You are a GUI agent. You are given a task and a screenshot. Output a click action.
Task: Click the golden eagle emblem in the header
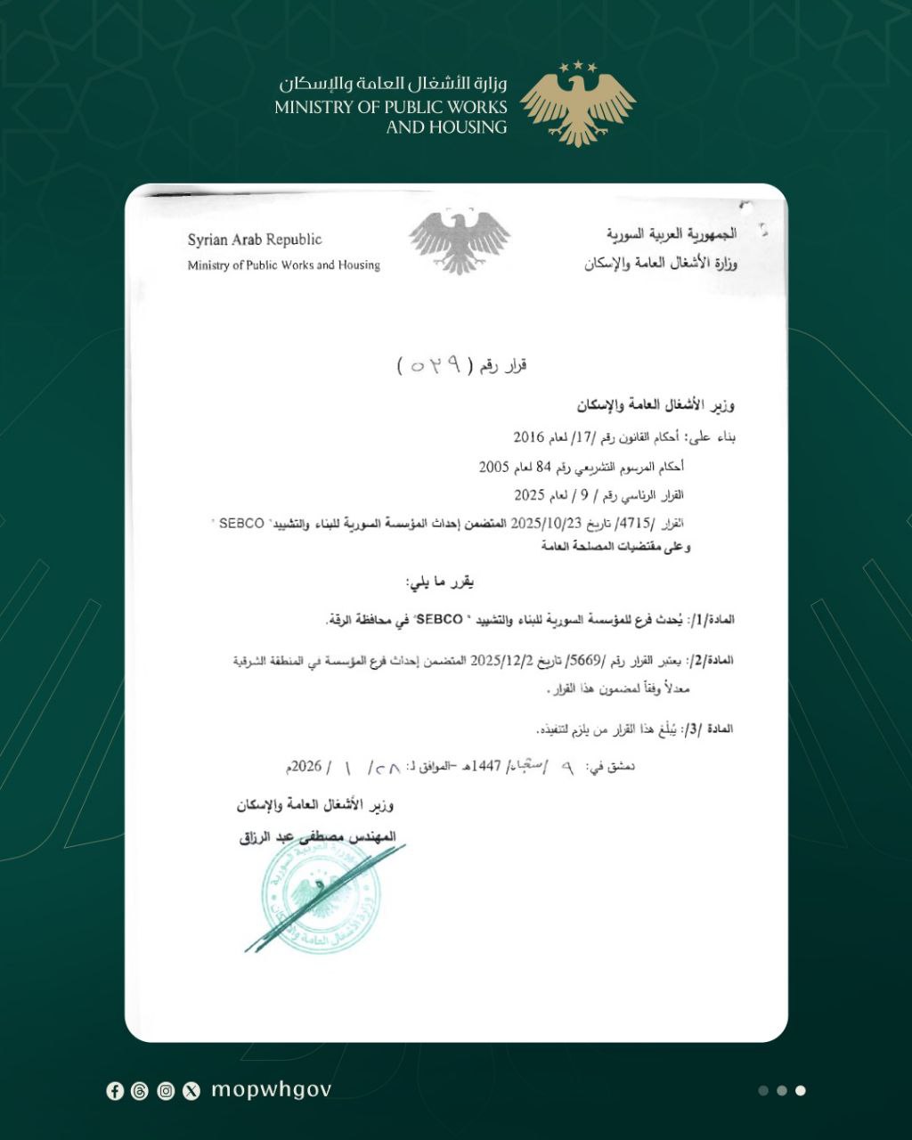coord(578,103)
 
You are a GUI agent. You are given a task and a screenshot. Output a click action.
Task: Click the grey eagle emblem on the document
coord(460,241)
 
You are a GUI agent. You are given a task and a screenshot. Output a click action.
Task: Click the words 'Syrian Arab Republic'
coord(255,240)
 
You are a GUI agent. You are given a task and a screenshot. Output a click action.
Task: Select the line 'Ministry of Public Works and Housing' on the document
coord(283,265)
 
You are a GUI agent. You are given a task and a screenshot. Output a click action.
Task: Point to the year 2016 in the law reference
coord(528,437)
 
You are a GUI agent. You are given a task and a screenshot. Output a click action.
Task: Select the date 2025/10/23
coord(545,523)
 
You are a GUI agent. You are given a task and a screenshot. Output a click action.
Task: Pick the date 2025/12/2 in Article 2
coord(502,660)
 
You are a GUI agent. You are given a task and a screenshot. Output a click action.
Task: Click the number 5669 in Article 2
coord(586,660)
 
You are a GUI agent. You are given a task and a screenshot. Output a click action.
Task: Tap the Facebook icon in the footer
coord(115,1091)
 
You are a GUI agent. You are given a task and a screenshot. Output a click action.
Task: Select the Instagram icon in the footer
coord(166,1091)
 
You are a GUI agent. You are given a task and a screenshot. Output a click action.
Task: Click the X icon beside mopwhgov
coord(191,1091)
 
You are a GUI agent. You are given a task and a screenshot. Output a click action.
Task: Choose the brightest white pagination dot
coord(801,1090)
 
